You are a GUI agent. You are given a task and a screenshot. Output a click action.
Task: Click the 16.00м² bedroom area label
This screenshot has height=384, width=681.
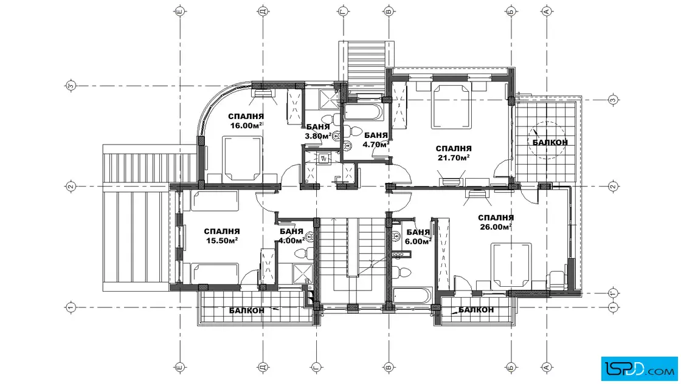[x=246, y=125]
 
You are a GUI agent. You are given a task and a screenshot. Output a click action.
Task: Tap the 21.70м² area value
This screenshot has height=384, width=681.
[x=454, y=157]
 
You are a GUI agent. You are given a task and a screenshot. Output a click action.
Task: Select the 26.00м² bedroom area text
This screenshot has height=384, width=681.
[x=496, y=227]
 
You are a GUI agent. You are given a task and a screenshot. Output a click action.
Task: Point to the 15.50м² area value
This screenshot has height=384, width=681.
[x=221, y=241]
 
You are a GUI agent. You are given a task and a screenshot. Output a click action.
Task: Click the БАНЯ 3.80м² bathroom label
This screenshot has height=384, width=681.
[x=318, y=131]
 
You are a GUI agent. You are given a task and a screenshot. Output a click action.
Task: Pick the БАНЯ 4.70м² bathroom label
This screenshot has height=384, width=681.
[x=376, y=140]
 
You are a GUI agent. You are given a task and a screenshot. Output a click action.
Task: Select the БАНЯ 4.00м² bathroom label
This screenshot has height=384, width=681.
[x=291, y=236]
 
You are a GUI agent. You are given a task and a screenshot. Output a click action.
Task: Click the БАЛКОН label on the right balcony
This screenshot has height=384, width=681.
[x=550, y=142]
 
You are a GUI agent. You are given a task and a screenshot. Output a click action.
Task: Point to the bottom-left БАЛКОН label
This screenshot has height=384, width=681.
[x=247, y=310]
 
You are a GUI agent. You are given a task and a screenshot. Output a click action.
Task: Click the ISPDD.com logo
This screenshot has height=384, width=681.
[x=639, y=368]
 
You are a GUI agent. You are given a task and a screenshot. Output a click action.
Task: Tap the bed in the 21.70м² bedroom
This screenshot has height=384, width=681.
[x=451, y=106]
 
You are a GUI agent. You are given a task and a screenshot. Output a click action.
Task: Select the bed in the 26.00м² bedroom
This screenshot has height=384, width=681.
[x=511, y=265]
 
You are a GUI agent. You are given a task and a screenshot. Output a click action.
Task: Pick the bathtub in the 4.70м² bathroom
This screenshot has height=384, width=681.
[x=363, y=112]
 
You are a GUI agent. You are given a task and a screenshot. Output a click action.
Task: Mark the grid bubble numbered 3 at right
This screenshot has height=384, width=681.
[x=613, y=100]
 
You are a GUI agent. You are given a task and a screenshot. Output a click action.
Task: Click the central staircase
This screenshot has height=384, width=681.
[x=353, y=260]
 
